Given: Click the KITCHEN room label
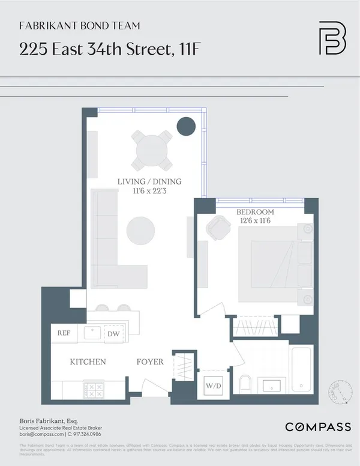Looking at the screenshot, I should [x=88, y=362].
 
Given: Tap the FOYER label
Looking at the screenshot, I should [x=150, y=362].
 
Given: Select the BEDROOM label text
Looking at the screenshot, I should [x=255, y=212].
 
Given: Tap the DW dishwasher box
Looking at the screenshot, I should [x=113, y=334].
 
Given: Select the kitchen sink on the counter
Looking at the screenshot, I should [x=92, y=333].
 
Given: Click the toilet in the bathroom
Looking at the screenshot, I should [x=245, y=383].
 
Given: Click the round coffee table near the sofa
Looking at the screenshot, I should [x=140, y=230].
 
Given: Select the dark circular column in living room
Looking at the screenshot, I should [x=186, y=127].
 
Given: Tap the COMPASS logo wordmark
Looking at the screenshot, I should [x=317, y=427].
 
